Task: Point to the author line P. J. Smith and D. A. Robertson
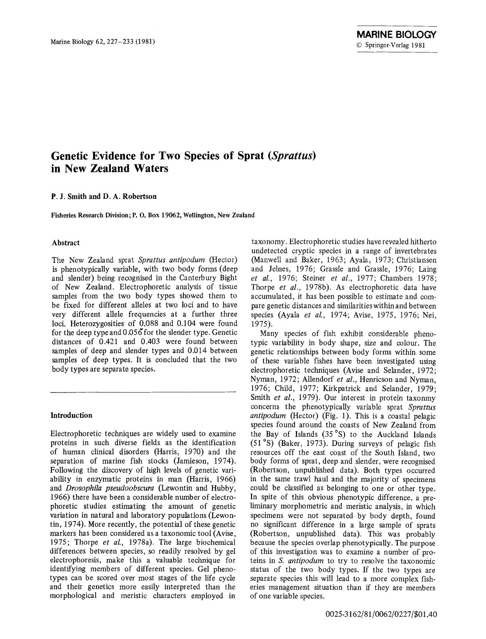(x=104, y=196)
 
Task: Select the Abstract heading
(x=66, y=243)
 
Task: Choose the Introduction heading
(x=72, y=415)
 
